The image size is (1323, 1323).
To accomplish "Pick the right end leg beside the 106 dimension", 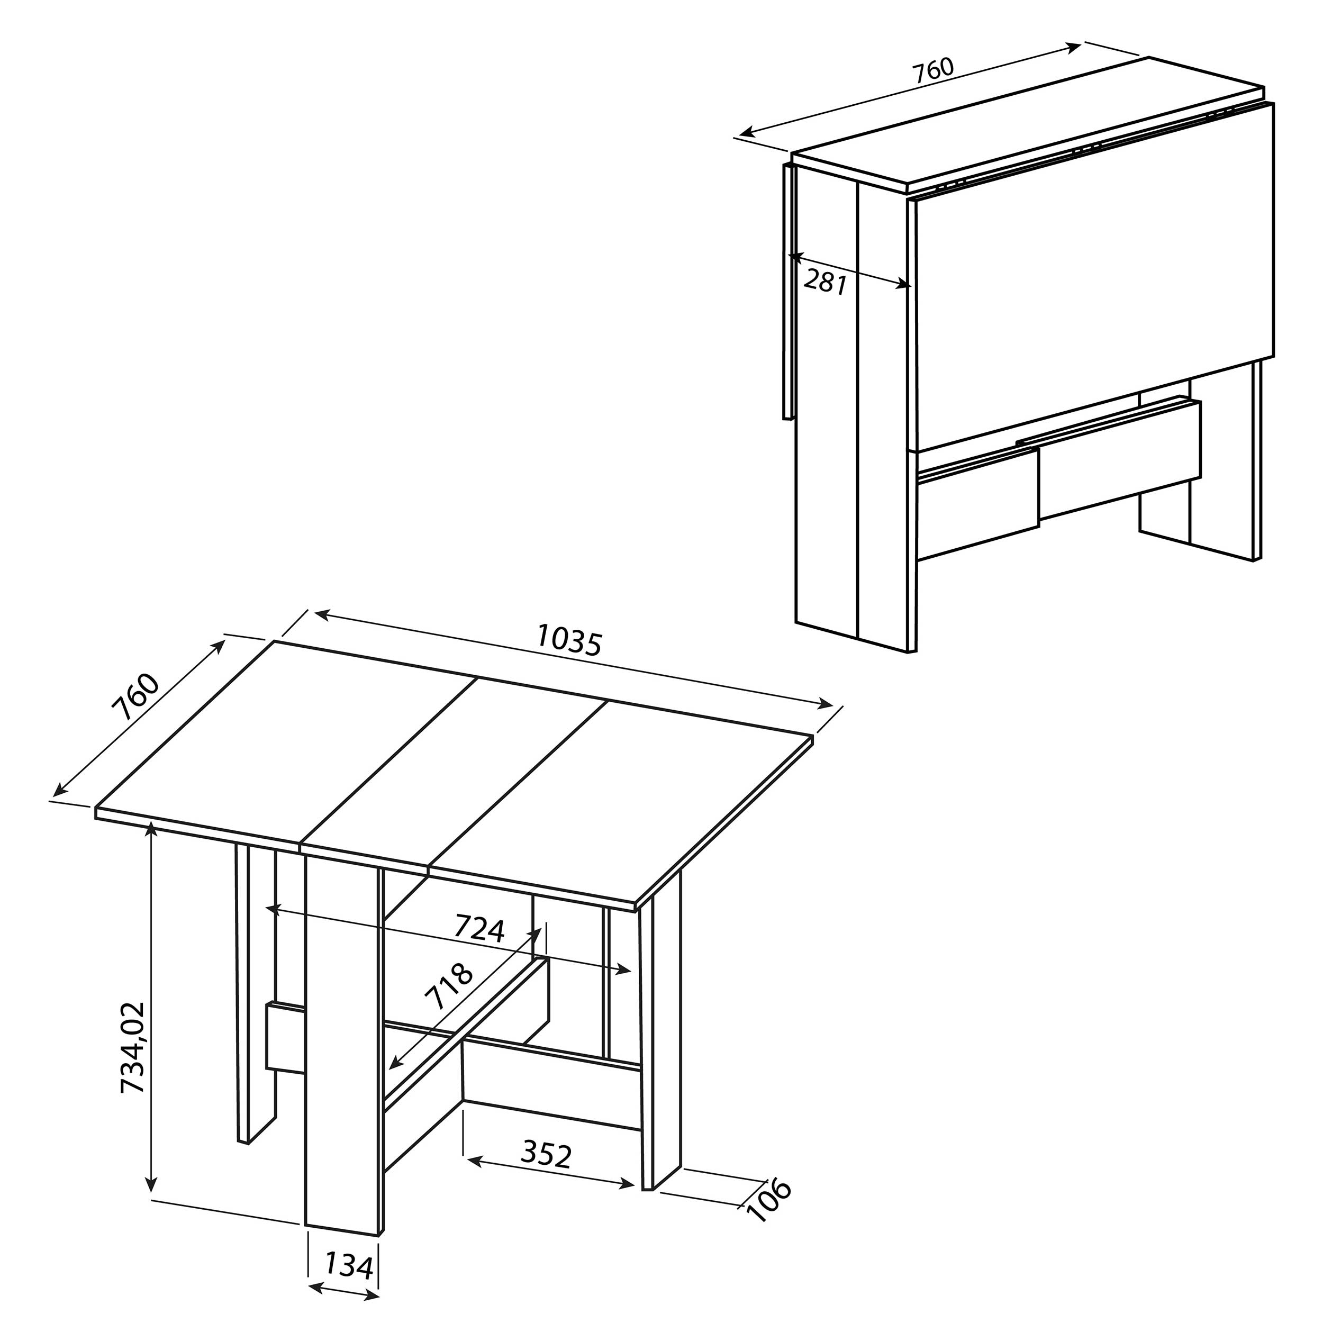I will point(661,1027).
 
